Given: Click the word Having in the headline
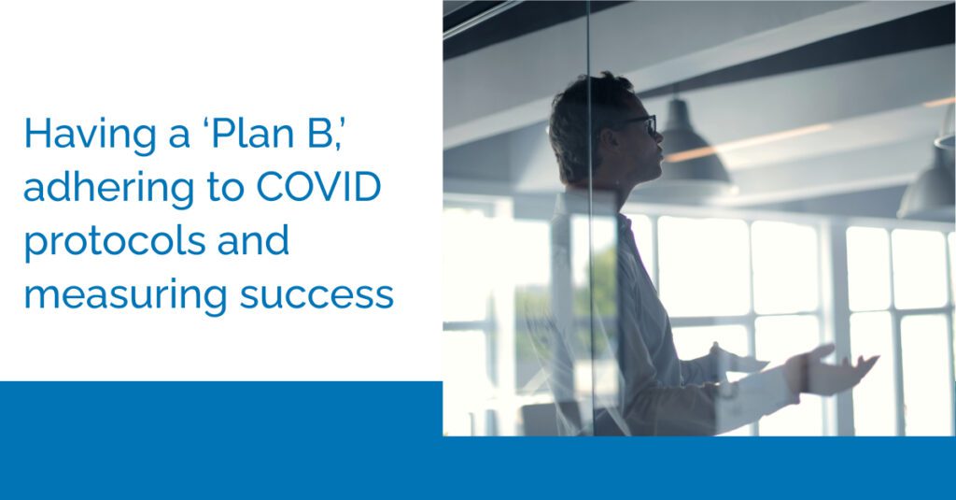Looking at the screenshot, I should [x=77, y=136].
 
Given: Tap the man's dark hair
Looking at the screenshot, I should [x=583, y=107].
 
